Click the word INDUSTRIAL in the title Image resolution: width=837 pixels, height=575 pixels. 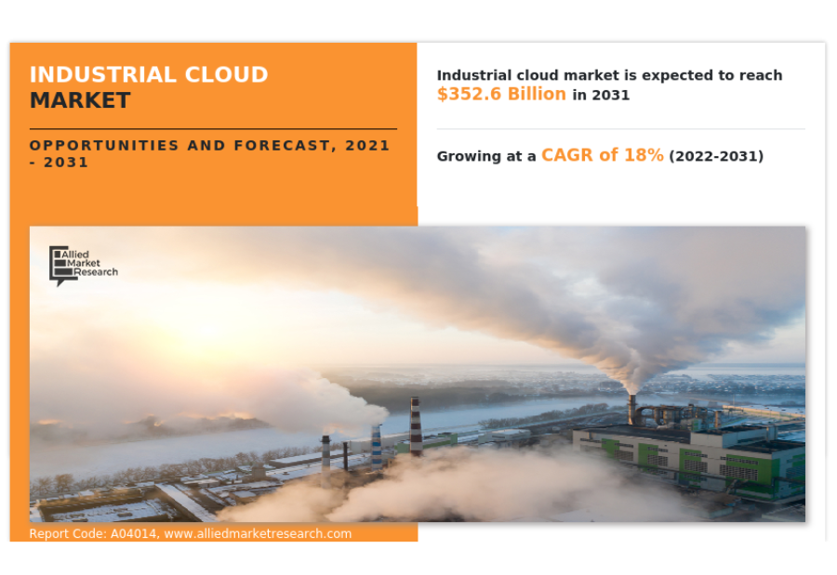pyautogui.click(x=103, y=74)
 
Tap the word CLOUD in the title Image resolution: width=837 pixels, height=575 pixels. pyautogui.click(x=226, y=74)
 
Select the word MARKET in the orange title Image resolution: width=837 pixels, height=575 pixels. pyautogui.click(x=80, y=100)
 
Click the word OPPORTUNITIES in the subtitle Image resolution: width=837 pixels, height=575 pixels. pyautogui.click(x=104, y=145)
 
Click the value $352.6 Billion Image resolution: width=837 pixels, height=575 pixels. pyautogui.click(x=501, y=94)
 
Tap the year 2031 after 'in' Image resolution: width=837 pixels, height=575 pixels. pyautogui.click(x=611, y=95)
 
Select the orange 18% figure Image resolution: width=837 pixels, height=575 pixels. pyautogui.click(x=644, y=155)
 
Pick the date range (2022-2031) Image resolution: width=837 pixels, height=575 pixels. pyautogui.click(x=716, y=156)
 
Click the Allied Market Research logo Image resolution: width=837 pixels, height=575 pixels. pyautogui.click(x=84, y=265)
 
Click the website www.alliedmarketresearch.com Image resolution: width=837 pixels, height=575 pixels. pyautogui.click(x=258, y=533)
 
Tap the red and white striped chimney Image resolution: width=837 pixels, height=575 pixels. pyautogui.click(x=416, y=425)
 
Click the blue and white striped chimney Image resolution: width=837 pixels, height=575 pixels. pyautogui.click(x=377, y=447)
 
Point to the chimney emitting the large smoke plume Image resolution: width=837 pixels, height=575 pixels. pyautogui.click(x=632, y=409)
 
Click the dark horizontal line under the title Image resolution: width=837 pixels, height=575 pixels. pyautogui.click(x=213, y=128)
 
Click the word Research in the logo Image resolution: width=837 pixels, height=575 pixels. pyautogui.click(x=96, y=272)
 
